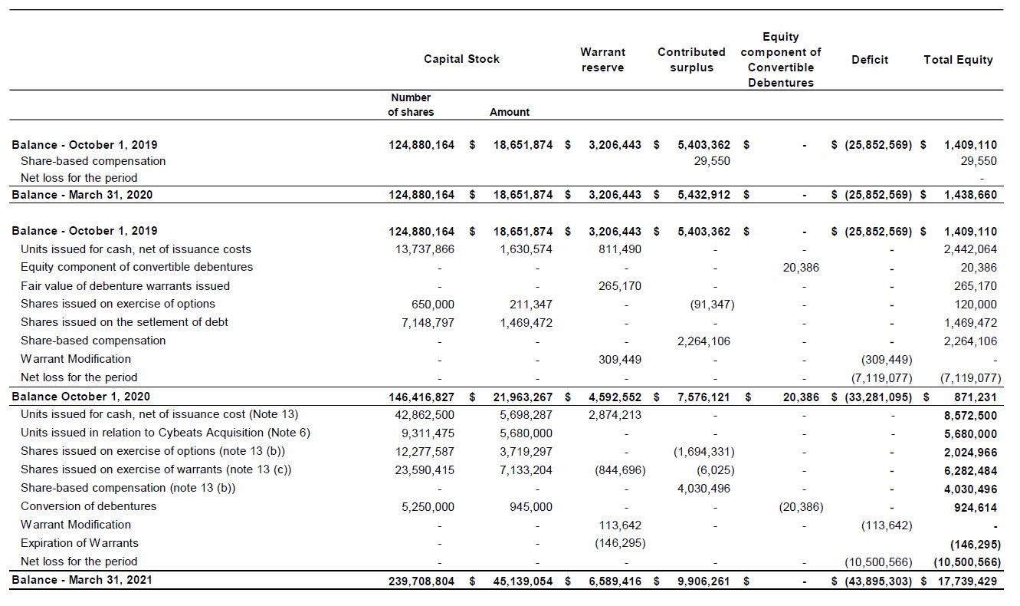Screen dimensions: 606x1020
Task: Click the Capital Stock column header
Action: pos(461,59)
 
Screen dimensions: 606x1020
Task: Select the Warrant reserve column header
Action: pos(602,60)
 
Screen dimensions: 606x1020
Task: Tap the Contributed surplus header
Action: pos(691,60)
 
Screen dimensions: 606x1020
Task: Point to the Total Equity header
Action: pos(958,60)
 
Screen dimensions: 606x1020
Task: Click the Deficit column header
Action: pos(870,60)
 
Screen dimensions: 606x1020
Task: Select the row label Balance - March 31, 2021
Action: pos(82,580)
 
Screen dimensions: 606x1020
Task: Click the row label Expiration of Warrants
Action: pos(80,543)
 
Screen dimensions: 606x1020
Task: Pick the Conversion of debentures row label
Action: pos(88,506)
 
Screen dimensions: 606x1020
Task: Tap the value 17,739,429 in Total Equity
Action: pos(967,581)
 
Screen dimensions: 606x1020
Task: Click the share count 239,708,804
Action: pos(421,581)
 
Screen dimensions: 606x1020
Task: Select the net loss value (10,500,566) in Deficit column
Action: pos(878,562)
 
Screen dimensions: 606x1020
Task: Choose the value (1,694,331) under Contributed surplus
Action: pos(704,452)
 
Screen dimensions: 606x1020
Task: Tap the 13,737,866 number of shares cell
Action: pos(427,249)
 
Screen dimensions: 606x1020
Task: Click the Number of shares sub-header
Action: pos(411,104)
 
